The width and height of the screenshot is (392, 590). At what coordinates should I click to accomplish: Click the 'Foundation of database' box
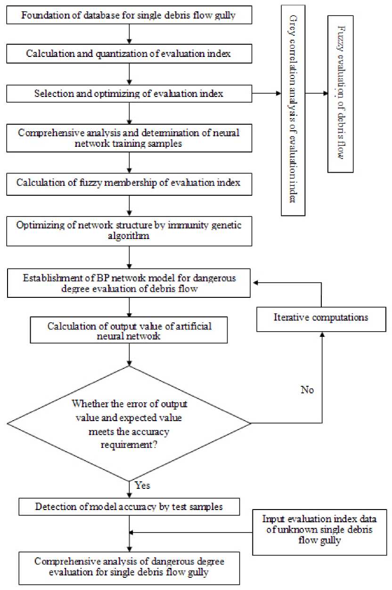point(129,15)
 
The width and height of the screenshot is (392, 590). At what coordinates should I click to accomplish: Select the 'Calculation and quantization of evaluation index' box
point(129,54)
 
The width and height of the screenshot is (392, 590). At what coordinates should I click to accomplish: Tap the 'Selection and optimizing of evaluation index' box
point(129,93)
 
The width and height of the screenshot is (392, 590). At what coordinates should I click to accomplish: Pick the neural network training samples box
point(129,138)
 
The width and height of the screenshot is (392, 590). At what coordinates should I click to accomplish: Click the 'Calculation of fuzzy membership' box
point(129,183)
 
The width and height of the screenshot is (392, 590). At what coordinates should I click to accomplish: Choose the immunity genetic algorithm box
point(129,231)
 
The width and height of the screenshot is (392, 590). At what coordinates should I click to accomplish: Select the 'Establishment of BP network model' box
point(129,283)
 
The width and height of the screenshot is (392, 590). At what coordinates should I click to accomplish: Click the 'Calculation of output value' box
point(129,329)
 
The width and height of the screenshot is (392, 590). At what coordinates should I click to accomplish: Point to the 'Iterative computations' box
point(320,317)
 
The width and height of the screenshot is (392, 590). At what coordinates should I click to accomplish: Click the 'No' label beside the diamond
point(307,390)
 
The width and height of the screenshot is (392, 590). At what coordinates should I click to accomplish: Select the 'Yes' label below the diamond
point(142,484)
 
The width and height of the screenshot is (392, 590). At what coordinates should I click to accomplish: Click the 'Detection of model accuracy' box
point(129,507)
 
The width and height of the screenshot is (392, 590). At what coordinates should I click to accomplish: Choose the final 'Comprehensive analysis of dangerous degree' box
point(129,567)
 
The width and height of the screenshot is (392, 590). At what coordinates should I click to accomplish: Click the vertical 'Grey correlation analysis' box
point(293,110)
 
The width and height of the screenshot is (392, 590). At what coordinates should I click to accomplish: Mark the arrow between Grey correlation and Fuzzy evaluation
point(316,93)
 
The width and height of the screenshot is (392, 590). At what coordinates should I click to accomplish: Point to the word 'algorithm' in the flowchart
point(129,237)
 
